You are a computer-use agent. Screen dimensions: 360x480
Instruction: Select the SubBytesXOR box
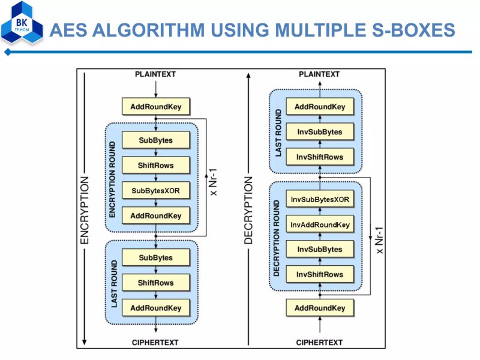tap(156, 191)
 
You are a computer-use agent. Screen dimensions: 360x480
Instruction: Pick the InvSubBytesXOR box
tap(320, 199)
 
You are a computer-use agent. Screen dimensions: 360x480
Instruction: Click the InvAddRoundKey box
tap(320, 224)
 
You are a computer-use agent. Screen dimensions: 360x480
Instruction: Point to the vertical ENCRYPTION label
tap(85, 210)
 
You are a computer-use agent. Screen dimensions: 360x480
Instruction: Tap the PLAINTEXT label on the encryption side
tap(155, 74)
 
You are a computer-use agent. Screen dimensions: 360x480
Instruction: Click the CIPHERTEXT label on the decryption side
tap(320, 342)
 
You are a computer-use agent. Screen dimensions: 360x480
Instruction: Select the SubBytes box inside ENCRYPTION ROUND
tap(156, 140)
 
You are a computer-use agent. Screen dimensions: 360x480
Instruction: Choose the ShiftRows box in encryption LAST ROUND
tap(156, 283)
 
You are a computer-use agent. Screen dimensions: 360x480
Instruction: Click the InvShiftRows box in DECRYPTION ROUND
tap(320, 274)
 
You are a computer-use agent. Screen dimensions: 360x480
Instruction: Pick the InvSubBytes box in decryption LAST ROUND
tap(320, 132)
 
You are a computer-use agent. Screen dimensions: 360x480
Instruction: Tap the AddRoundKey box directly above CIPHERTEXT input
tap(320, 308)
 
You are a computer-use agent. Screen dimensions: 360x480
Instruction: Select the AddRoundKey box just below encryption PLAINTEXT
tap(156, 107)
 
